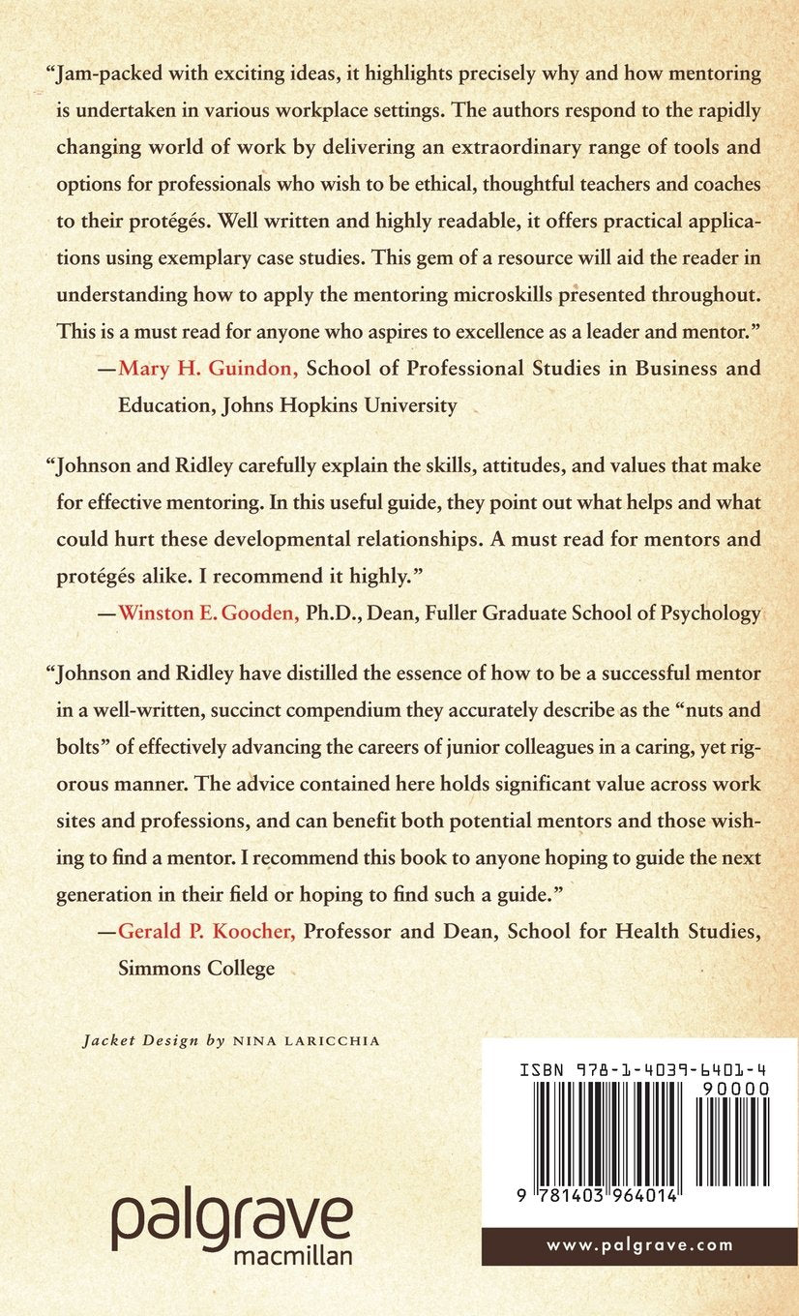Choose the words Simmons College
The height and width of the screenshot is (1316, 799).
[x=196, y=967]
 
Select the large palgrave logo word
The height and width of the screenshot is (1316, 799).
[x=231, y=1221]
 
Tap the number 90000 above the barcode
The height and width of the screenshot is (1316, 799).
[x=730, y=1089]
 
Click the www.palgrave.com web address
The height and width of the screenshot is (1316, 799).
[x=640, y=1246]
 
